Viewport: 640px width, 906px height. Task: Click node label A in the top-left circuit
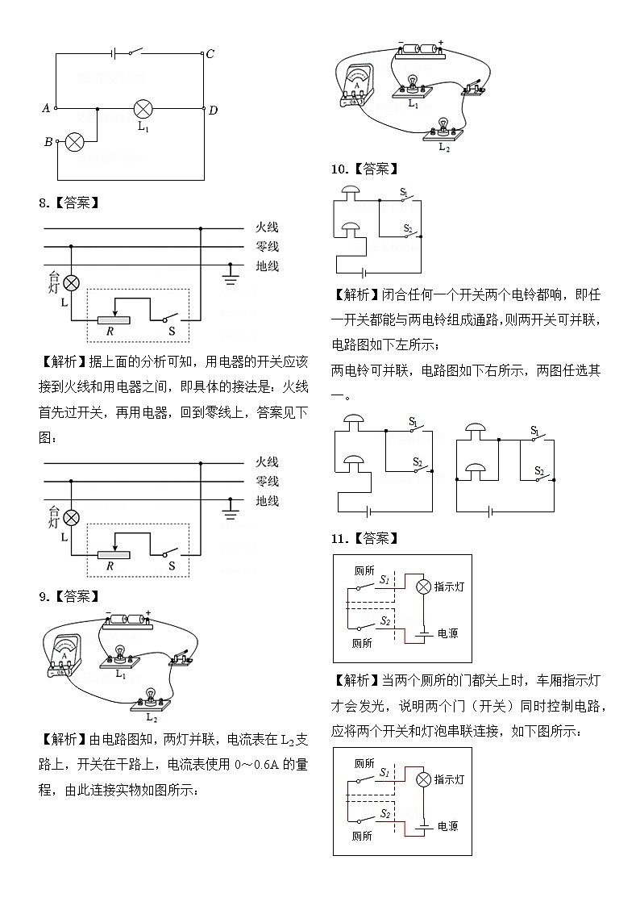pos(46,108)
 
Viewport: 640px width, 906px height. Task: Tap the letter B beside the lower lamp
pos(48,142)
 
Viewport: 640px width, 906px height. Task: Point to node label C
pos(210,54)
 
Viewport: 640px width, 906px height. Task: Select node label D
pos(213,111)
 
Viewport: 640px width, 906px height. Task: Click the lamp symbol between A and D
pos(143,108)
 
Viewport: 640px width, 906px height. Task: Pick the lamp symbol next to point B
pos(74,143)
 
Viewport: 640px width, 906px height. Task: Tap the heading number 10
pos(339,169)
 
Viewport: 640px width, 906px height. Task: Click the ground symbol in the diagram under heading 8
pos(231,277)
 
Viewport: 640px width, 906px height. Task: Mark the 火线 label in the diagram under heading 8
pos(267,228)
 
